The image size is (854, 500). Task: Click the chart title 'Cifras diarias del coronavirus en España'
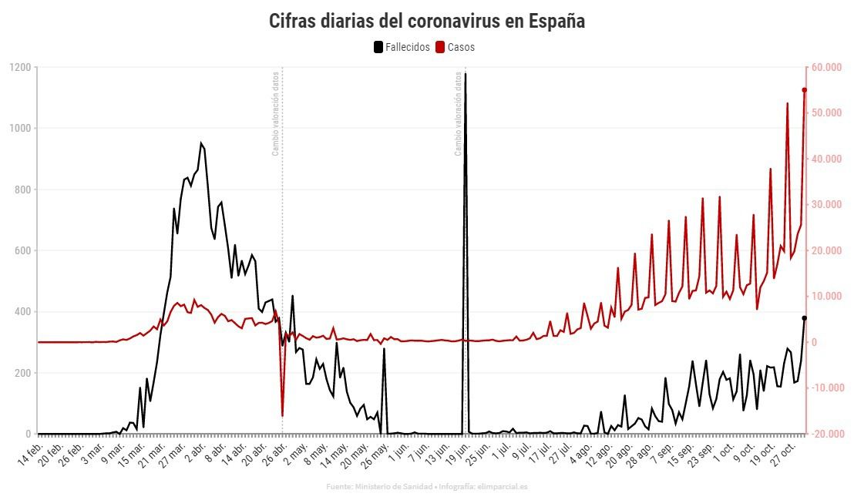point(426,21)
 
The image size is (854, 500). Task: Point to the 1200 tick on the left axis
point(21,68)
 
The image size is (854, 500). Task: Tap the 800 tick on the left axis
point(22,190)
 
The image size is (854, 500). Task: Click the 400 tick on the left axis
point(22,312)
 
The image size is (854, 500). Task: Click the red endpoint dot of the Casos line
point(804,90)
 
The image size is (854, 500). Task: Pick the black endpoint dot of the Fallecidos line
point(804,318)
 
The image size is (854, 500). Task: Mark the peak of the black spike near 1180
point(465,74)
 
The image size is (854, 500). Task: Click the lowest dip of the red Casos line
point(282,416)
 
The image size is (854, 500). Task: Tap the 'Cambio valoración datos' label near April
point(275,113)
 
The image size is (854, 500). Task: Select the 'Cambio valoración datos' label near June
point(458,113)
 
